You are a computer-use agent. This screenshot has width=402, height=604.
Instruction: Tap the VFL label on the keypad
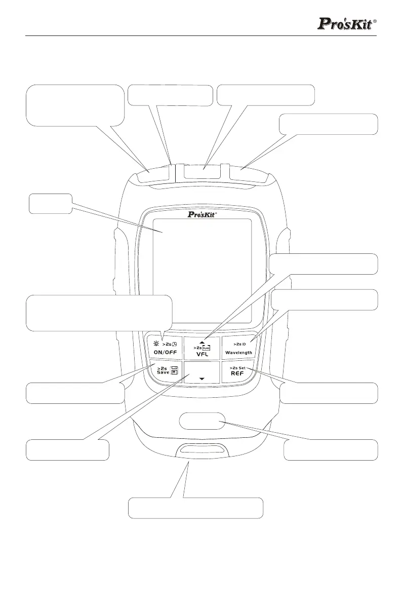[x=202, y=354]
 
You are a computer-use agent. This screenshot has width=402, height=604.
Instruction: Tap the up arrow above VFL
[x=202, y=342]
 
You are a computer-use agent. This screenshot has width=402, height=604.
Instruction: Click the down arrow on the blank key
[x=202, y=379]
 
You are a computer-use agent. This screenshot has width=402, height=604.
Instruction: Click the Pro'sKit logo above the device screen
[x=202, y=215]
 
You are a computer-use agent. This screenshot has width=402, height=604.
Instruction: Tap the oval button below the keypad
[x=202, y=421]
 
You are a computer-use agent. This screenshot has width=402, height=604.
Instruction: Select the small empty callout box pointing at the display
[x=49, y=203]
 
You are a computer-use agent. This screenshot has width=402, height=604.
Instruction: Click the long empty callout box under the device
[x=195, y=508]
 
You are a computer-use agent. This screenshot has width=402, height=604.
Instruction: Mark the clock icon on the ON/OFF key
[x=173, y=344]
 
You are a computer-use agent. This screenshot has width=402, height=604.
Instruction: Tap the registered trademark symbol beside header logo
[x=375, y=22]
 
